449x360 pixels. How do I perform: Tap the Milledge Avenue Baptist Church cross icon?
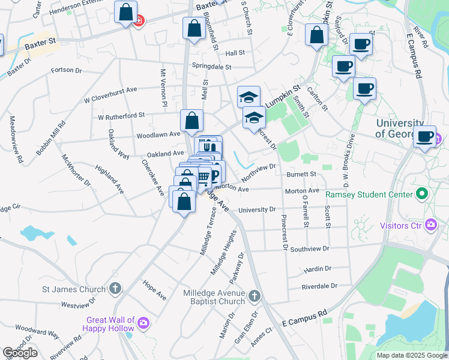tap(255, 296)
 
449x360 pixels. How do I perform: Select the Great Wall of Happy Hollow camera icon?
tap(143, 323)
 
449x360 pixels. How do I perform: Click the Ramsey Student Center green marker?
tap(421, 194)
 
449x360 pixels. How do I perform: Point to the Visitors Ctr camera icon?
tap(430, 225)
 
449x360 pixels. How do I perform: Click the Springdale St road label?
tap(211, 66)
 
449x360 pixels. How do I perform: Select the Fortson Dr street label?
tap(66, 70)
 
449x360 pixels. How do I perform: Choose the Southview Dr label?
tap(309, 248)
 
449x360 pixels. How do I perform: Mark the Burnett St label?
tap(301, 175)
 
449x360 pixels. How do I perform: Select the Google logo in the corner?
tap(20, 353)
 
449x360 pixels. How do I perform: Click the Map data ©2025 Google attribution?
tap(411, 355)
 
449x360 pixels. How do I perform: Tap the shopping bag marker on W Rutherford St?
tap(191, 121)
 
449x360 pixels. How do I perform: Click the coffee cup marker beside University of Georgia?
tap(425, 136)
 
